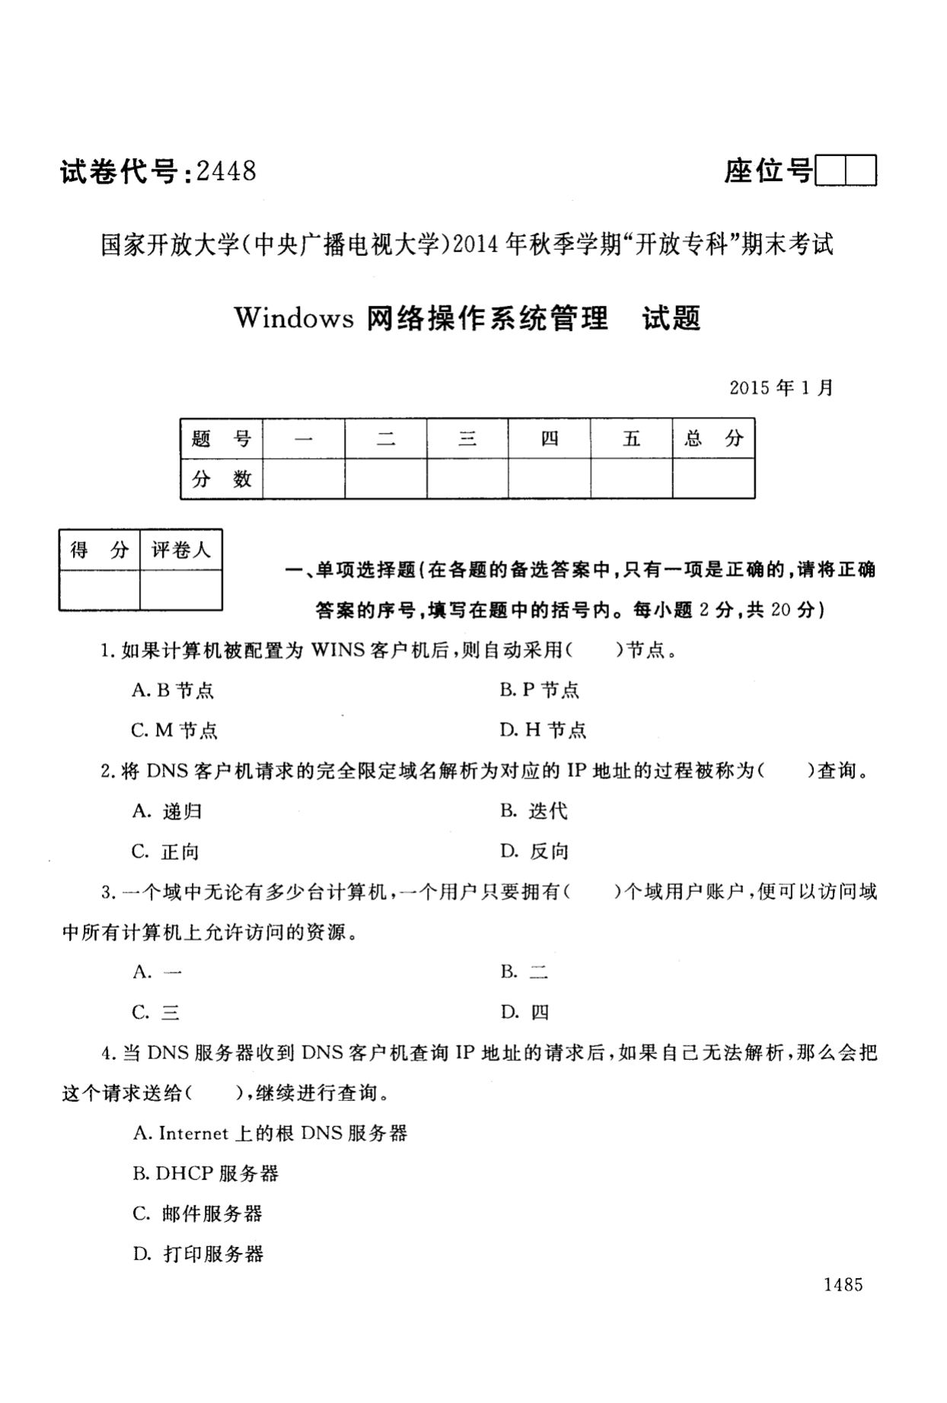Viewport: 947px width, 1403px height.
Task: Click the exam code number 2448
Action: [226, 171]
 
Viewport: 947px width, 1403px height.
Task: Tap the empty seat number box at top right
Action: [846, 170]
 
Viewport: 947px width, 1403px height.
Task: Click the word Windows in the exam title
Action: [294, 318]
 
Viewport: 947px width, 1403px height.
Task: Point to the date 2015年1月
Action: [781, 387]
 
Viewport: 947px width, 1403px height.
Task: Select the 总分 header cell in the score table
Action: [713, 438]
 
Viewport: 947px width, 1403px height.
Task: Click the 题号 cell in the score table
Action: [222, 438]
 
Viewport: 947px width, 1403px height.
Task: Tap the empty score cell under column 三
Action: [467, 479]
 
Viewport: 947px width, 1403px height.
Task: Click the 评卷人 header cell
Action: [181, 549]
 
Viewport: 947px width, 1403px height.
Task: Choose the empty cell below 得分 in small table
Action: [100, 590]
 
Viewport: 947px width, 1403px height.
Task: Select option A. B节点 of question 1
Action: [173, 690]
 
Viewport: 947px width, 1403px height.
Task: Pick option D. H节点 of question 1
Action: [543, 730]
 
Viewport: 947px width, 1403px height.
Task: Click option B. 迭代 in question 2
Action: [534, 811]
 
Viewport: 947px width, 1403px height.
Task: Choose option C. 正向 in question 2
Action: [165, 851]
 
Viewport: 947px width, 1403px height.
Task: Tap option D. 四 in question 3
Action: [525, 1013]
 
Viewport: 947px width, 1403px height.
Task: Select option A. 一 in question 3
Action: [157, 972]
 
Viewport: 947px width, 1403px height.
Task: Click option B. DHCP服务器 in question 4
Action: [206, 1173]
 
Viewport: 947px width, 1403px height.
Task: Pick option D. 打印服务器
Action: [198, 1254]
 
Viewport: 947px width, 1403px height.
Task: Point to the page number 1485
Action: [843, 1285]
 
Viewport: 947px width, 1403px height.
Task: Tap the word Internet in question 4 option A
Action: [193, 1133]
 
